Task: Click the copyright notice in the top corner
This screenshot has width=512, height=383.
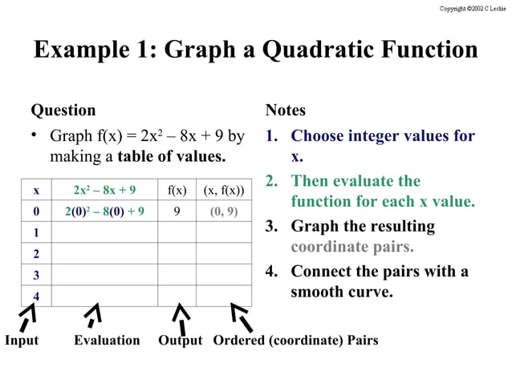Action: click(473, 8)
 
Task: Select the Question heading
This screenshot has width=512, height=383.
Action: click(63, 111)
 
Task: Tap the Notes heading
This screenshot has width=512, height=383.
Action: click(285, 111)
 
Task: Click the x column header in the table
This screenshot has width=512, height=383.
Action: click(36, 191)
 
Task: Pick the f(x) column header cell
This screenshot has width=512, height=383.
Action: click(177, 191)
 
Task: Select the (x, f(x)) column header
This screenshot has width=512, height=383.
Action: click(223, 191)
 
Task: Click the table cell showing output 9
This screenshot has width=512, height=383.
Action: click(177, 212)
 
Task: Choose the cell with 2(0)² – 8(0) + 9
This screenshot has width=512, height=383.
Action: click(104, 212)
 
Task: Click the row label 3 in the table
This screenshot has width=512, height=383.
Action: click(36, 275)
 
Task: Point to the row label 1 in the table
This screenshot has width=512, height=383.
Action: click(36, 233)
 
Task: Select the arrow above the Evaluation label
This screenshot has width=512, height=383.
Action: click(94, 315)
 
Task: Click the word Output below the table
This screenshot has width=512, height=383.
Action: click(181, 341)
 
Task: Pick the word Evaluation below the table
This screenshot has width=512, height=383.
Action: click(107, 341)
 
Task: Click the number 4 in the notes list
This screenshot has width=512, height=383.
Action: click(270, 271)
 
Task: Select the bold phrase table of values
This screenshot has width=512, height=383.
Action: click(172, 157)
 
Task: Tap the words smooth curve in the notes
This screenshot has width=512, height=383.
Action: click(342, 292)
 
